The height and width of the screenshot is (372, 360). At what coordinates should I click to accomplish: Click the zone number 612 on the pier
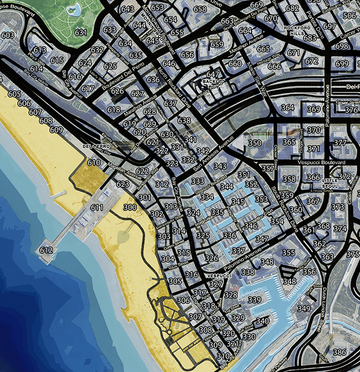(46, 250)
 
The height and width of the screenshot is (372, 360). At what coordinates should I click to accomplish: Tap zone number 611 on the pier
(97, 208)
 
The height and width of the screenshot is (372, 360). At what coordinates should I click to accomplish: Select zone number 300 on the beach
(130, 208)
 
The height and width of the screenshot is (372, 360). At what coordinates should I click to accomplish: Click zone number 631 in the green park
(81, 33)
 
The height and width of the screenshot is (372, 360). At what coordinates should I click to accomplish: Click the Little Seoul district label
(330, 183)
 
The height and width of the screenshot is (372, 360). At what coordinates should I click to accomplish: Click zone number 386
(339, 352)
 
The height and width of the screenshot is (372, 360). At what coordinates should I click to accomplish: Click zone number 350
(255, 143)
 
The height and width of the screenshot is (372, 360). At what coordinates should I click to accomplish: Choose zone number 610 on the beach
(94, 163)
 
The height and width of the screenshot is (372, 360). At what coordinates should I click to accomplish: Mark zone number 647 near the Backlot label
(213, 75)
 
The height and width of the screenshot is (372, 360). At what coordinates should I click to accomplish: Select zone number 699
(342, 64)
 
